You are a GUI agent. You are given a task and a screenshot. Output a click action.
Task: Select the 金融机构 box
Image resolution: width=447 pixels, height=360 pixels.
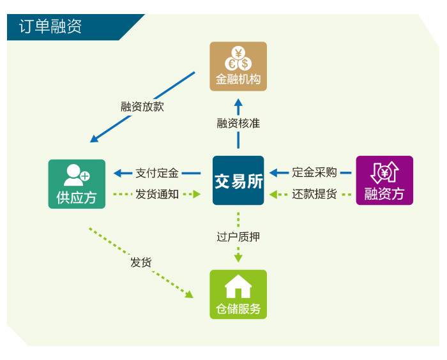coord(238,66)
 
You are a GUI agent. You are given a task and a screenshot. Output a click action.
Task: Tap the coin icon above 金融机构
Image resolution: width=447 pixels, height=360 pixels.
coord(238,59)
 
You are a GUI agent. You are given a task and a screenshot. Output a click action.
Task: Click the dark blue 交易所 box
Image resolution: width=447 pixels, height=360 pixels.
coord(238,181)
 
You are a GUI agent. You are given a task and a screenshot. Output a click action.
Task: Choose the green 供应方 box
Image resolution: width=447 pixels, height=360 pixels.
coord(77,184)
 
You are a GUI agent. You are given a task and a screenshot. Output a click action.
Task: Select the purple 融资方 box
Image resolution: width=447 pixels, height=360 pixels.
coord(384,181)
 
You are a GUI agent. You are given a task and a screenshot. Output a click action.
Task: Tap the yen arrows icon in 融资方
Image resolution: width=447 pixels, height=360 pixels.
coord(384,172)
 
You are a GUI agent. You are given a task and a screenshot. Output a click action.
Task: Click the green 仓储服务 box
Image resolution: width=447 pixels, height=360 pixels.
coord(238,294)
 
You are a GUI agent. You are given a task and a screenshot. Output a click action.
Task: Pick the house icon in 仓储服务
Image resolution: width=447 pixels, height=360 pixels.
coord(238,286)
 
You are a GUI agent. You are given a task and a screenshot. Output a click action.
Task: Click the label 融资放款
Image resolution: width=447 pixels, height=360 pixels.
coord(142,107)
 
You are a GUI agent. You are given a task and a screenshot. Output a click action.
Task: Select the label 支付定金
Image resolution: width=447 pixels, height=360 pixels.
coord(157,172)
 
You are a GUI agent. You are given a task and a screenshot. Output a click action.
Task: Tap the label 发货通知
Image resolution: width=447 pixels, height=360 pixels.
coord(157,194)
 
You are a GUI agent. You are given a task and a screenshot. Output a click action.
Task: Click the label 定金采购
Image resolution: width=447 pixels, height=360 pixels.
coord(314,172)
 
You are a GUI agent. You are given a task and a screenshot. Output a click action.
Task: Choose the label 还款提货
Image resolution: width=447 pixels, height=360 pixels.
coord(314,194)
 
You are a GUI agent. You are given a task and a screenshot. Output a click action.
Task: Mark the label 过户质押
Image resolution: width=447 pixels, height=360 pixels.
coord(238,237)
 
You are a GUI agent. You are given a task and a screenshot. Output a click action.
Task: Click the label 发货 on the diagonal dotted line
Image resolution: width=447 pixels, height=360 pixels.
coord(141,262)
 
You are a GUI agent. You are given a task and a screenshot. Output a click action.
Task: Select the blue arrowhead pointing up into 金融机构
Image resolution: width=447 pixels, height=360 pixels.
coord(238,102)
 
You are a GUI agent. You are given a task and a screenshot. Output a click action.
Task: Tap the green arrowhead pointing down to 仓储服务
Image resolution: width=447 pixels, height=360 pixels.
coord(238,258)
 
